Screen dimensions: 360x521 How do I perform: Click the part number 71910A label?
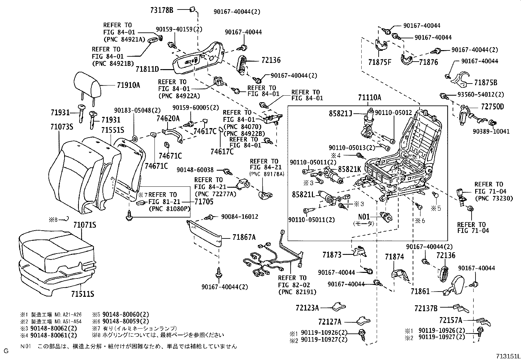[x=128, y=85]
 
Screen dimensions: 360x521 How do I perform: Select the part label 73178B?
[x=161, y=10]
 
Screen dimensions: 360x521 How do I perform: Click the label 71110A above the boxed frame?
[x=369, y=97]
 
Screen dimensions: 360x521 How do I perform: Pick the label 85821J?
[x=341, y=114]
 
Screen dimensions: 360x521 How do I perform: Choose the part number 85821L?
[x=303, y=195]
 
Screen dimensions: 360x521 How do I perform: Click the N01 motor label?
[x=364, y=217]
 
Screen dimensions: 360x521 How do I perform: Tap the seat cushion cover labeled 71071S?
[x=54, y=247]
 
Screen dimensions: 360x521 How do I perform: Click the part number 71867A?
[x=244, y=237]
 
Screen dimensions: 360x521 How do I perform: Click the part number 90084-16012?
[x=240, y=217]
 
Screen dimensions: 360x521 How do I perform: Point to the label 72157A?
[x=451, y=320]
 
